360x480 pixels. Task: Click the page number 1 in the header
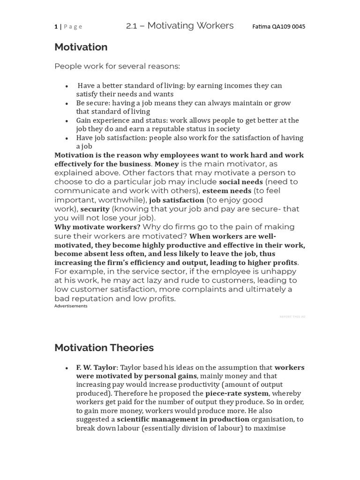[56, 27]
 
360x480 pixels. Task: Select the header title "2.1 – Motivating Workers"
[180, 26]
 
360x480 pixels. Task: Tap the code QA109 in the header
[281, 27]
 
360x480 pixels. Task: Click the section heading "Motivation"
[81, 47]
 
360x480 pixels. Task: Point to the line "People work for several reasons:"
[117, 66]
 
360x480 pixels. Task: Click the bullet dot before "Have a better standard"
[67, 86]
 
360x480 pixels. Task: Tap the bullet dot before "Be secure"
[67, 104]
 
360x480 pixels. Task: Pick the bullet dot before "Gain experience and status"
[67, 121]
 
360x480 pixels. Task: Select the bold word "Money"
[166, 164]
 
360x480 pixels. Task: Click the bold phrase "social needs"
[240, 182]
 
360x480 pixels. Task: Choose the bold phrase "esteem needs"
[227, 191]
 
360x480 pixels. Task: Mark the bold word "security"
[95, 209]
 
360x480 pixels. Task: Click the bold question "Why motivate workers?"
[97, 227]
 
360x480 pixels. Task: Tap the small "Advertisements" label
[71, 306]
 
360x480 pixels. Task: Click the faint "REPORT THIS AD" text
[292, 317]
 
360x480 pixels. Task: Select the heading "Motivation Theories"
[104, 348]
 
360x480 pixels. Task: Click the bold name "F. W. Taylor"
[96, 367]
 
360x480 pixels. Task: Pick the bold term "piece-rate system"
[237, 394]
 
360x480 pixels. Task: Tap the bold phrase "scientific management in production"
[183, 420]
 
